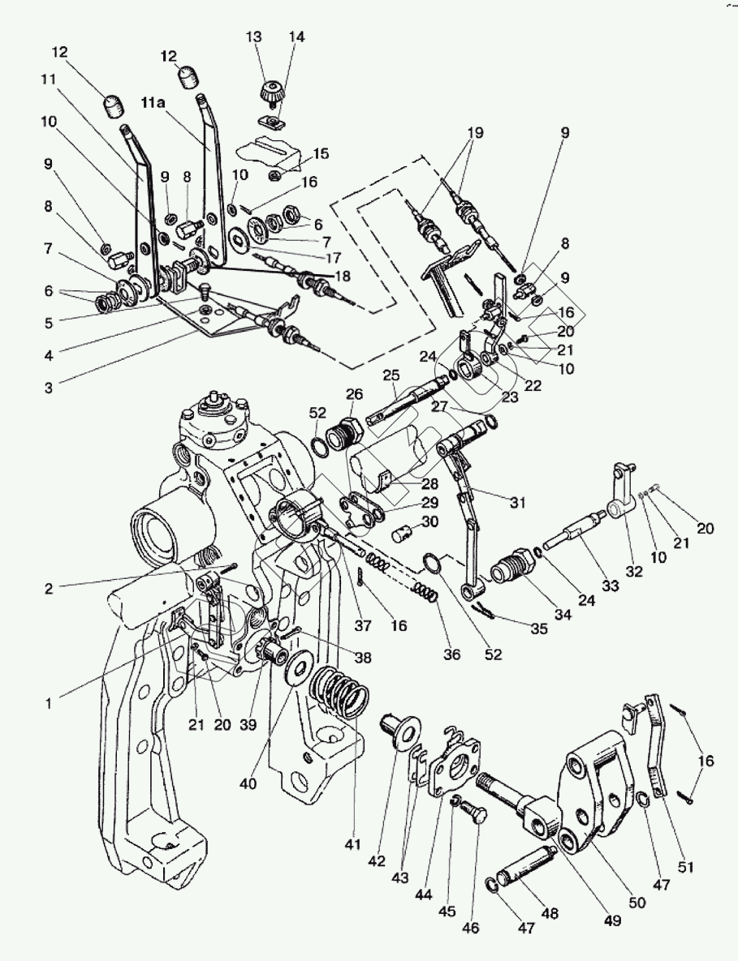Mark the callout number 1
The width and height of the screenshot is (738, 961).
(48, 704)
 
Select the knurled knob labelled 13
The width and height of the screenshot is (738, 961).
(269, 92)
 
